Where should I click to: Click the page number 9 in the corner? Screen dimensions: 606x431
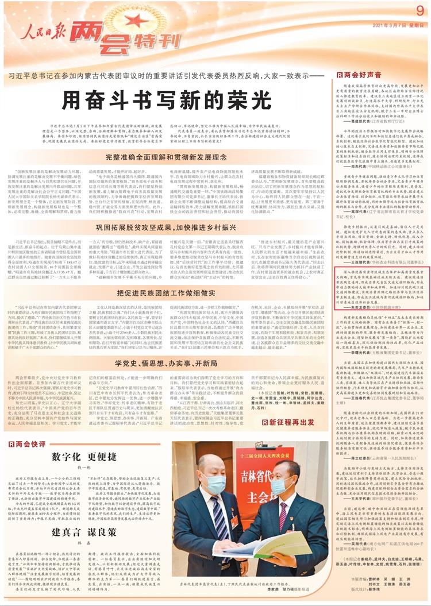click(420, 10)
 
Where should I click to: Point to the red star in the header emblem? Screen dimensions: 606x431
click(133, 21)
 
